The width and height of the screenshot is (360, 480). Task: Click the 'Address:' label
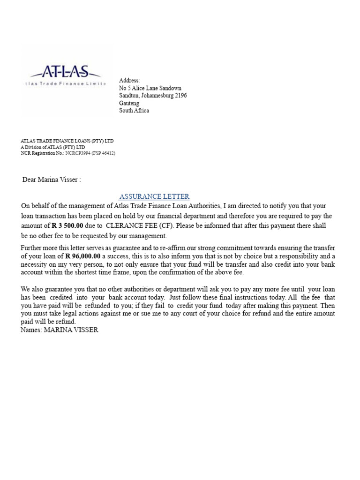129,81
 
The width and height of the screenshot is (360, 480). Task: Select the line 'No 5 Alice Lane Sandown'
150,88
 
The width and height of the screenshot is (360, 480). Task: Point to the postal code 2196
180,96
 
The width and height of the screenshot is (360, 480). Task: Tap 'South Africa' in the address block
134,111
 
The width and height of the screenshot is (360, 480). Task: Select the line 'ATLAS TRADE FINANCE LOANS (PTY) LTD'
67,141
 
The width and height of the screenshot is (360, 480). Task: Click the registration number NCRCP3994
78,153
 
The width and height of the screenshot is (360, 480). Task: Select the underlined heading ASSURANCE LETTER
154,196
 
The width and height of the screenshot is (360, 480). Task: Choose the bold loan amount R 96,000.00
83,256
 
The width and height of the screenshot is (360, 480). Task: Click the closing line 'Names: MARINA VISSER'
60,330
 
